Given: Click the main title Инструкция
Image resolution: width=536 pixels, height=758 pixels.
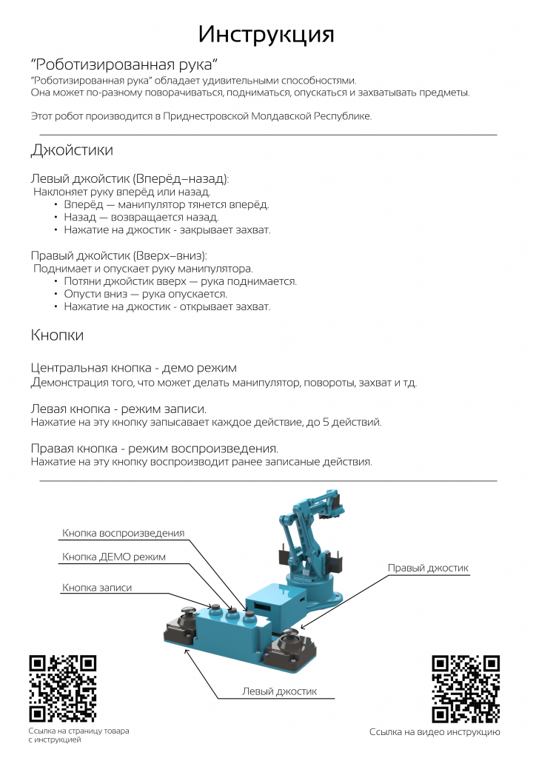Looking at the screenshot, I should (x=267, y=34).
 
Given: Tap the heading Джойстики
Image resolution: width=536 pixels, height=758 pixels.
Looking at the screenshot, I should (x=72, y=150).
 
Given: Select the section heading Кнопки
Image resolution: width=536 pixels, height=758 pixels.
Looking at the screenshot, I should (x=57, y=335).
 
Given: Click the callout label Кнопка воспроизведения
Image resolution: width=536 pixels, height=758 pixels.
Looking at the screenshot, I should (x=123, y=533).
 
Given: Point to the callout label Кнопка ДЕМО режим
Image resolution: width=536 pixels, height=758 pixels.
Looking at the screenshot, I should (x=114, y=557).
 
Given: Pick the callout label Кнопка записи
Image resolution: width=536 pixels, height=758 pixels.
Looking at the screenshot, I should (x=97, y=588).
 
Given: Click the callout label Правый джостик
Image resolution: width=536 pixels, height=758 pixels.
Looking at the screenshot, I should (x=428, y=568).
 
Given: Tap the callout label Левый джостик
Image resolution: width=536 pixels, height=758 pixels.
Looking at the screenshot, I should (x=279, y=691).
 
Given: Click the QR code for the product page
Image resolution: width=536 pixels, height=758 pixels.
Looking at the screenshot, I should (x=63, y=688).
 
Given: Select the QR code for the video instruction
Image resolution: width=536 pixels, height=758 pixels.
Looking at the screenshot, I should (x=466, y=688).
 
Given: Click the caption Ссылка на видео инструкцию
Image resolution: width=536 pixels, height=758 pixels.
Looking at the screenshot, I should (x=435, y=732).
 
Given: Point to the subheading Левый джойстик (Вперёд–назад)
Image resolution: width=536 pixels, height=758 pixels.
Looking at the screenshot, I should (x=130, y=179).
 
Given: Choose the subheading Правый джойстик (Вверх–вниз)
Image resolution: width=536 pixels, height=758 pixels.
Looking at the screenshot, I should (x=118, y=255).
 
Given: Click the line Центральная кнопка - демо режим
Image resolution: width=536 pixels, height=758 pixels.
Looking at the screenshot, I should (x=134, y=368).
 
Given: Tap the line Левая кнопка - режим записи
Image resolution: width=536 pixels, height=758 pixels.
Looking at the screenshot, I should (x=118, y=409).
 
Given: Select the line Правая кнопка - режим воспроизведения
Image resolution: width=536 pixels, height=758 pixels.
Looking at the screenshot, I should (x=155, y=449).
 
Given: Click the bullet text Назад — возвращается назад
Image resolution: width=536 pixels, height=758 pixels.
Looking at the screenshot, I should (x=141, y=217).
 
